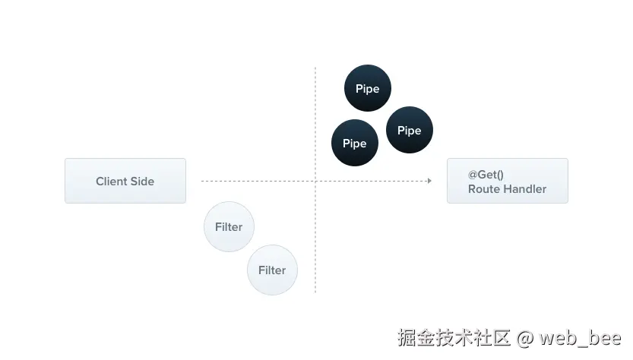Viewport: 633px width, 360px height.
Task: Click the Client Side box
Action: [125, 181]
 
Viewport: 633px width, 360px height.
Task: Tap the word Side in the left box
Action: [142, 182]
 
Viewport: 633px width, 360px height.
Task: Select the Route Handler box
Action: [507, 181]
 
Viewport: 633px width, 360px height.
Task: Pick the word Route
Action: [483, 189]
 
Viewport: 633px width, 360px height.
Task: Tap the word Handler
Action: [524, 189]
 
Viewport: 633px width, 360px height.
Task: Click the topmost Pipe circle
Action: [367, 89]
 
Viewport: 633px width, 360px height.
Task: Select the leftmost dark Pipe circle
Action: [354, 143]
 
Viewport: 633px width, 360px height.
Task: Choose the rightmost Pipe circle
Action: [409, 130]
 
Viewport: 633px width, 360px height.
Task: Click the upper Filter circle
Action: [228, 226]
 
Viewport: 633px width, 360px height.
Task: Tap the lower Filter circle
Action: [271, 270]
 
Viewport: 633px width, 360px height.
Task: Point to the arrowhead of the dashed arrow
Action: [429, 181]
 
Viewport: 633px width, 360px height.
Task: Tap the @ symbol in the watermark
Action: [526, 337]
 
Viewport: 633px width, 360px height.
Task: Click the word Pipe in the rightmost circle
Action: [409, 131]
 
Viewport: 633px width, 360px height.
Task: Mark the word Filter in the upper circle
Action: [228, 227]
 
